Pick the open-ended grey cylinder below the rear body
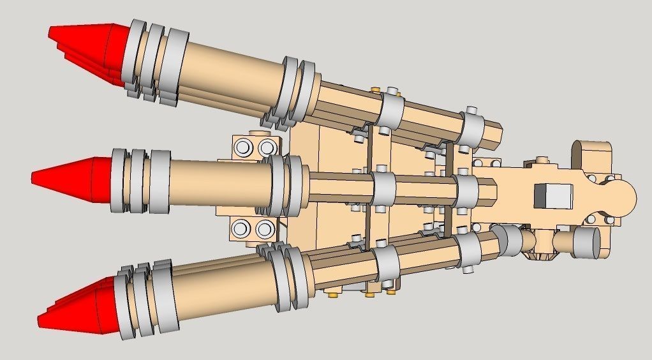588,243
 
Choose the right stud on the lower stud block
264,228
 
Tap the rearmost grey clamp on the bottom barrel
470,252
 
